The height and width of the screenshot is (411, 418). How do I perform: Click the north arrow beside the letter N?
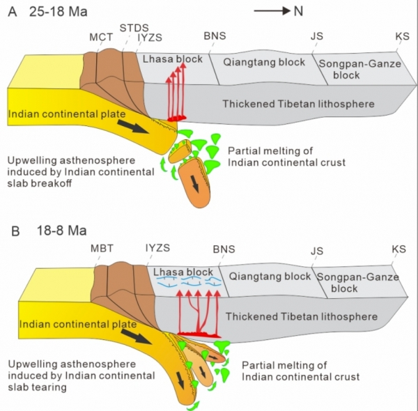click(272, 11)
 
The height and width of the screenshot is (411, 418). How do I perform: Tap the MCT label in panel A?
click(101, 38)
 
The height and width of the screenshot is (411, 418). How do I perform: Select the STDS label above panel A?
click(134, 28)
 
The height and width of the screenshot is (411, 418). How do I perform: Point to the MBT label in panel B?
click(102, 249)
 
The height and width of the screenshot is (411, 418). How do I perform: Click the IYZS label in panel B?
click(157, 248)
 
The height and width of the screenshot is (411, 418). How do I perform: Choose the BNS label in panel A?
click(215, 36)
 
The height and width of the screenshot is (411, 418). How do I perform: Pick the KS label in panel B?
click(398, 249)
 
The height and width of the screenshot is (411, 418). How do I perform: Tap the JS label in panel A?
click(317, 36)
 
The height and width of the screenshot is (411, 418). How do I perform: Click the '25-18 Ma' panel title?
click(58, 12)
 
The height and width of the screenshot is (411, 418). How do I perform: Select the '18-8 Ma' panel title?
click(61, 231)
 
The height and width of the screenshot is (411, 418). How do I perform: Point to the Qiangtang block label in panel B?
click(270, 277)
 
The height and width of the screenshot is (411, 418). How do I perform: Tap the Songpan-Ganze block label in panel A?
click(360, 69)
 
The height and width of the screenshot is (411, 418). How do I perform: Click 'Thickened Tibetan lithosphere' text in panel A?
click(299, 104)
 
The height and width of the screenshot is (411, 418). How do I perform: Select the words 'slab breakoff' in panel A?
click(40, 183)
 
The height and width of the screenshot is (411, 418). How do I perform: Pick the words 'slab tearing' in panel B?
click(37, 387)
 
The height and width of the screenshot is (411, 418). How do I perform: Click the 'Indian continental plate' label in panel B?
click(78, 325)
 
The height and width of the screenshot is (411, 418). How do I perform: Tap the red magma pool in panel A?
click(176, 118)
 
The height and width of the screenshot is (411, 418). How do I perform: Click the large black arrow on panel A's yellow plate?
click(133, 126)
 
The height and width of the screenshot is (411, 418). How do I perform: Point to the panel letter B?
click(15, 231)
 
